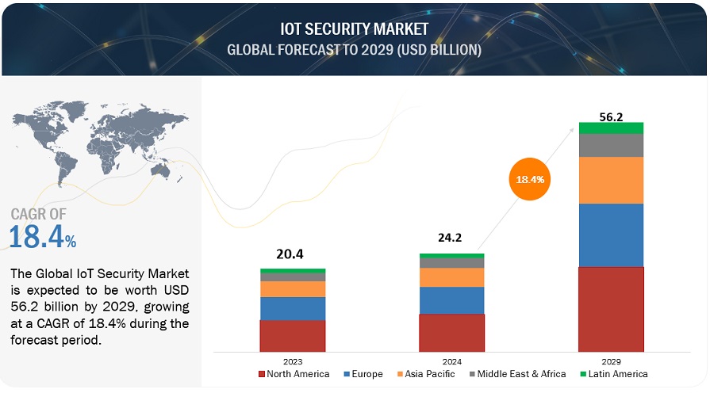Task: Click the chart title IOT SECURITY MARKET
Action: click(354, 29)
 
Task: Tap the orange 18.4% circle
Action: click(530, 179)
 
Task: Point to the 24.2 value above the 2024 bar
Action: click(451, 236)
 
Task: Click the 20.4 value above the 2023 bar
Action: click(292, 254)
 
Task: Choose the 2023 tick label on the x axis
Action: click(292, 359)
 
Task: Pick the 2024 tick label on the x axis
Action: click(451, 359)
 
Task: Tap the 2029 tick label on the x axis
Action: click(610, 359)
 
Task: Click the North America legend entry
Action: click(295, 374)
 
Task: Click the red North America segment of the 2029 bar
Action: click(610, 309)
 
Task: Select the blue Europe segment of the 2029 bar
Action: click(610, 235)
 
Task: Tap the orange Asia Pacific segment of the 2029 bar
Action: click(610, 180)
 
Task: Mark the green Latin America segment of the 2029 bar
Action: click(610, 128)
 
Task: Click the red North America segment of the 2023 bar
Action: click(292, 335)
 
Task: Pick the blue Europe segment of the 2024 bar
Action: click(451, 300)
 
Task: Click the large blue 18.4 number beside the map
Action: click(36, 237)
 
